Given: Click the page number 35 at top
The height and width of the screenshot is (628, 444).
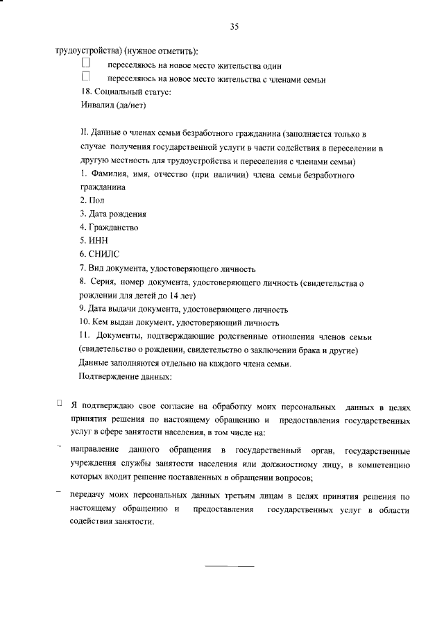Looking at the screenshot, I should click(234, 27).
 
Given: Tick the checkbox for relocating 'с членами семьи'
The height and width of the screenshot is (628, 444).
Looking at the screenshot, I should click(86, 78).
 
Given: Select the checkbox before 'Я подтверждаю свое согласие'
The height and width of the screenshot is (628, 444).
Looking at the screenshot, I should click(60, 402).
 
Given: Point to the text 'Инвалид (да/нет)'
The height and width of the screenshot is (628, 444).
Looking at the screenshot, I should click(112, 106).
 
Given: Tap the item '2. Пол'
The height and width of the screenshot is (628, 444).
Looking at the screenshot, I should click(91, 201).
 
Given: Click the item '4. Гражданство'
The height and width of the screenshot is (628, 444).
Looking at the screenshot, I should click(108, 228).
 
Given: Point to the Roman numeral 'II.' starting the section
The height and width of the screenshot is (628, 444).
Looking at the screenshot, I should click(84, 133).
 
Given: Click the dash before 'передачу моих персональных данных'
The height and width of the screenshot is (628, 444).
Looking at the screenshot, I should click(59, 493).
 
